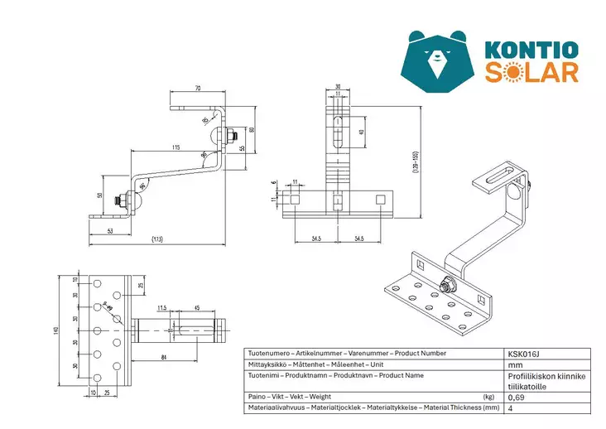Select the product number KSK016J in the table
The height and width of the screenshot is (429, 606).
coord(523,354)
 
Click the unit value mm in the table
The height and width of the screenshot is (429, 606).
coord(516,364)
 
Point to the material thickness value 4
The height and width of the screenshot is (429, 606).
coord(510,407)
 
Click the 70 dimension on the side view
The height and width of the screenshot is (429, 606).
coord(198,87)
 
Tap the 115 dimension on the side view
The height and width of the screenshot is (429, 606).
coord(176,147)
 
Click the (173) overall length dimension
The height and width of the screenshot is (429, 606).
coord(156,239)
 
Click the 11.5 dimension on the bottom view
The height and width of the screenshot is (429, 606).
coord(161,307)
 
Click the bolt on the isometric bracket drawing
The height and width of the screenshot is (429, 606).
coord(446,287)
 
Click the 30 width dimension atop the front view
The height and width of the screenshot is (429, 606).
coord(338,87)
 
